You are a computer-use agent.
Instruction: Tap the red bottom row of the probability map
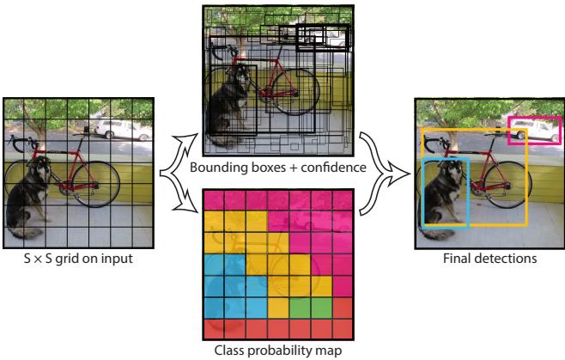pyautogui.click(x=278, y=327)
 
